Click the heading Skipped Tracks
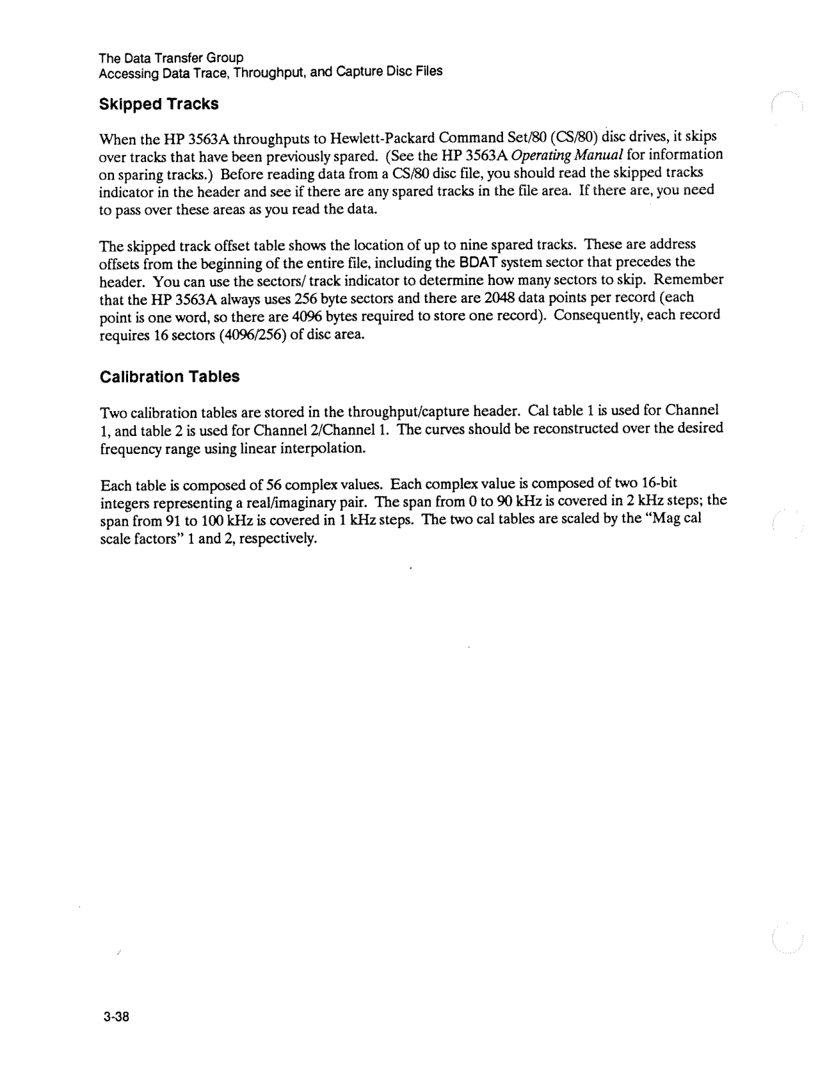pos(158,105)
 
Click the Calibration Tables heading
pos(169,376)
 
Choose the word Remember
pos(692,279)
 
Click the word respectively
pos(279,538)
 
